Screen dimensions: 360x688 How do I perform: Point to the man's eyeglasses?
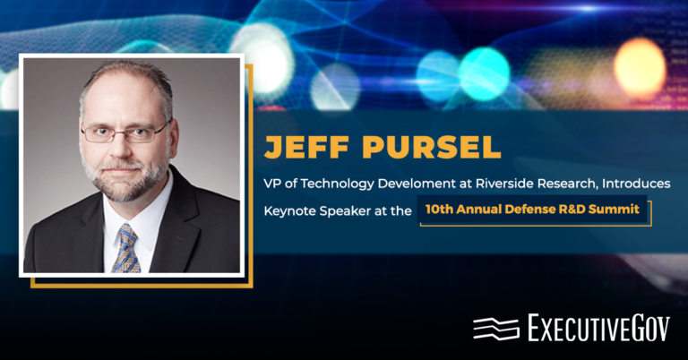click(125, 132)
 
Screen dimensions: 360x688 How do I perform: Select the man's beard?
click(125, 179)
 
